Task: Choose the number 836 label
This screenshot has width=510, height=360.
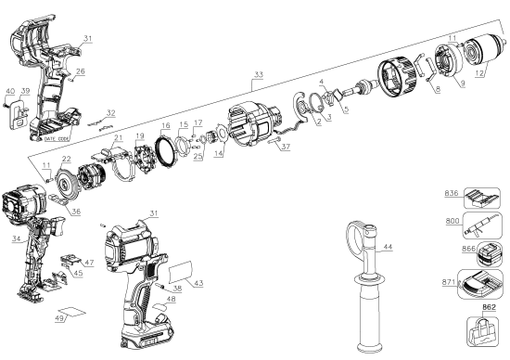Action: coord(452,193)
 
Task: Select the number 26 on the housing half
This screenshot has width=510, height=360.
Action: coord(81,71)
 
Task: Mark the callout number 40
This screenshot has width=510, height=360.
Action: coord(9,90)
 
